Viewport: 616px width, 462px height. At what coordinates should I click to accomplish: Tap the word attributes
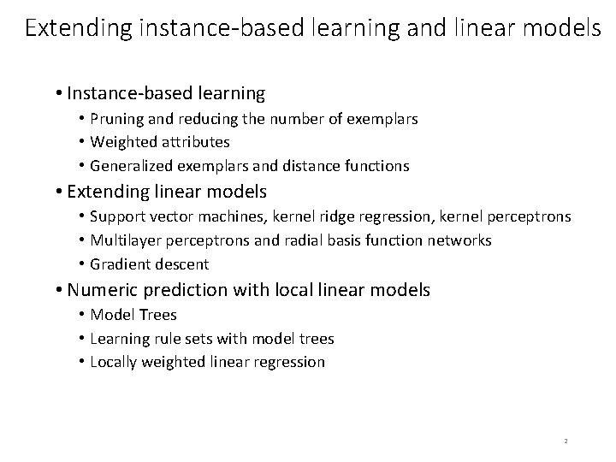click(x=198, y=142)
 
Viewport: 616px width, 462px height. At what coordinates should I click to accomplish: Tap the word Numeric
click(x=98, y=291)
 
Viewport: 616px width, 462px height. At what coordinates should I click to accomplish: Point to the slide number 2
click(x=566, y=441)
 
